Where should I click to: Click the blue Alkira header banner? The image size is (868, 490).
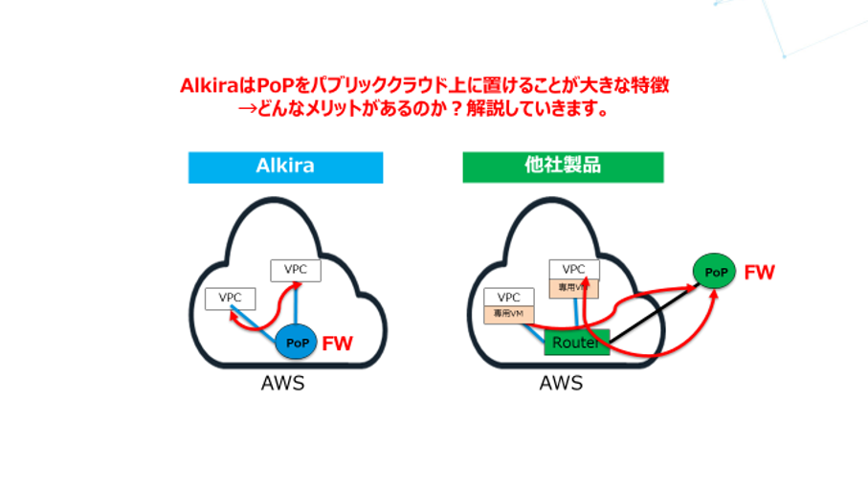click(x=285, y=167)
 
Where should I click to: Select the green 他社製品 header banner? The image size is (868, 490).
click(x=563, y=167)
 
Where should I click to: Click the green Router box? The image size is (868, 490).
click(x=576, y=342)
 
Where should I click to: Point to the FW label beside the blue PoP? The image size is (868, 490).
click(x=336, y=342)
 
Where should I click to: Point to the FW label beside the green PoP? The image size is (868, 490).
click(x=759, y=273)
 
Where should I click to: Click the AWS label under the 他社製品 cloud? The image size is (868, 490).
click(x=561, y=385)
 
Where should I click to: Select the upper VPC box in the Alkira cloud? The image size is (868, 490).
click(x=296, y=270)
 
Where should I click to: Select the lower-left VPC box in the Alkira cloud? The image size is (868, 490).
click(x=231, y=298)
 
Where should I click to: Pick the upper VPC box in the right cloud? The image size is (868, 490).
click(x=573, y=269)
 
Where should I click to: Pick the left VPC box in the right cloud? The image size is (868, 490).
click(x=509, y=298)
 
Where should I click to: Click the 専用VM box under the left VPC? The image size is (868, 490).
click(x=509, y=313)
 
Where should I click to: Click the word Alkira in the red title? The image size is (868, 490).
click(x=206, y=85)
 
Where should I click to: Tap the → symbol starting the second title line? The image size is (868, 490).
click(x=247, y=109)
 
